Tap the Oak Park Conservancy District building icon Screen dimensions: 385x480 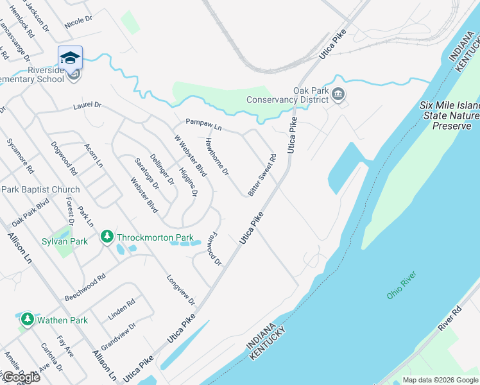coord(339,96)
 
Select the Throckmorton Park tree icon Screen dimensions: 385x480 coord(107,237)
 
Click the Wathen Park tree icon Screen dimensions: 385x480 coord(27,319)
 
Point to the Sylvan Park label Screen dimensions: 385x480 coord(65,241)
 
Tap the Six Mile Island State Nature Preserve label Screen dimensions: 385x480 coord(449,116)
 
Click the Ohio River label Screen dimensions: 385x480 coord(402,285)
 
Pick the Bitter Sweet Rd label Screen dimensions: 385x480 coord(262,174)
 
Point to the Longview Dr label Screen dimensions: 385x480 coord(180,290)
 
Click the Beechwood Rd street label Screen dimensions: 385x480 coord(85,289)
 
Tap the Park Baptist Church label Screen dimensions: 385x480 coord(40,189)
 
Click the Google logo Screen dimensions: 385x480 coord(21,377)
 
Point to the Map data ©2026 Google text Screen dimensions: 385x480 coord(440,380)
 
